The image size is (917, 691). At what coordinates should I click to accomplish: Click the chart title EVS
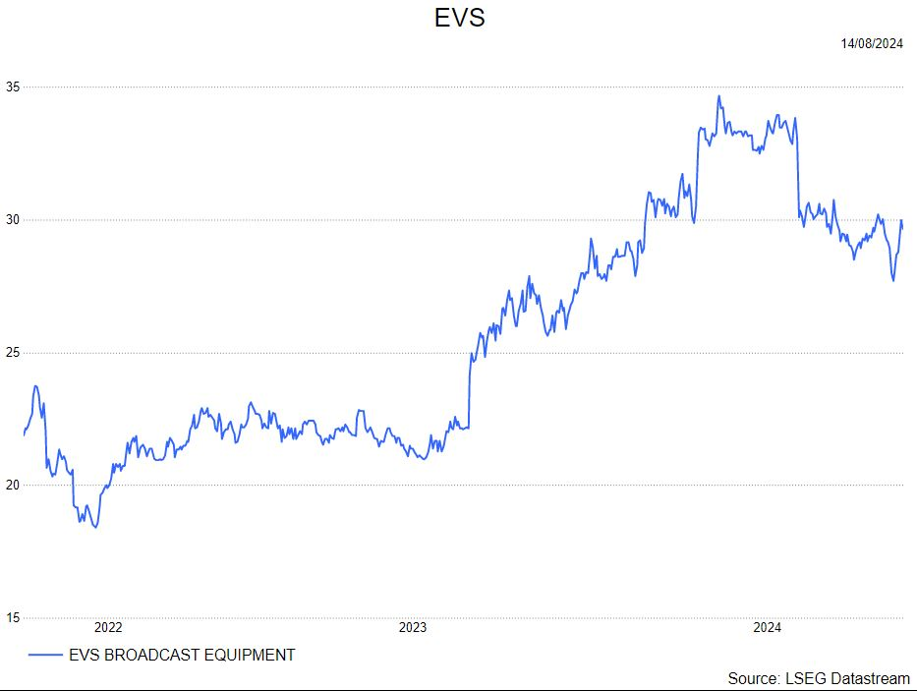coord(459,18)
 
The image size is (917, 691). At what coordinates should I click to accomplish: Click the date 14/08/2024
coord(872,43)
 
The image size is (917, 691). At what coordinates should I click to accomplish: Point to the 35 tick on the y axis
coord(12,86)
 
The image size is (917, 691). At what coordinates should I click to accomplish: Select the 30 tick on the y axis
coord(12,219)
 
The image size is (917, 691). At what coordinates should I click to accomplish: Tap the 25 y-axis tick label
coord(12,352)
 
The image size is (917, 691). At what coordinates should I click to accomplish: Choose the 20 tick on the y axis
coord(12,485)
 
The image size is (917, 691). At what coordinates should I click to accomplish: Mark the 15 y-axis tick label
coord(12,617)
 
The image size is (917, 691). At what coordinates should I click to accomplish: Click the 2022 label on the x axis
coord(108,627)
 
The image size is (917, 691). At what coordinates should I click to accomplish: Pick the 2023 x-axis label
coord(412,627)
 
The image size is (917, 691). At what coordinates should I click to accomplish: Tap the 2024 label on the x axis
coord(767,627)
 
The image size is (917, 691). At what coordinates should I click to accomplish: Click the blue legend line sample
coord(45,655)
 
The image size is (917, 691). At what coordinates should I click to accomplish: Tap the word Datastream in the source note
coord(870,678)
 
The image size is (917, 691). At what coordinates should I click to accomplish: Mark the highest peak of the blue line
coord(718,96)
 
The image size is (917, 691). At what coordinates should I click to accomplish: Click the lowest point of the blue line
coord(95,528)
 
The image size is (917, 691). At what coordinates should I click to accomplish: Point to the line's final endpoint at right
coord(903,227)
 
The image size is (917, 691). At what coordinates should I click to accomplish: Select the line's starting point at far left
coord(24,433)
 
